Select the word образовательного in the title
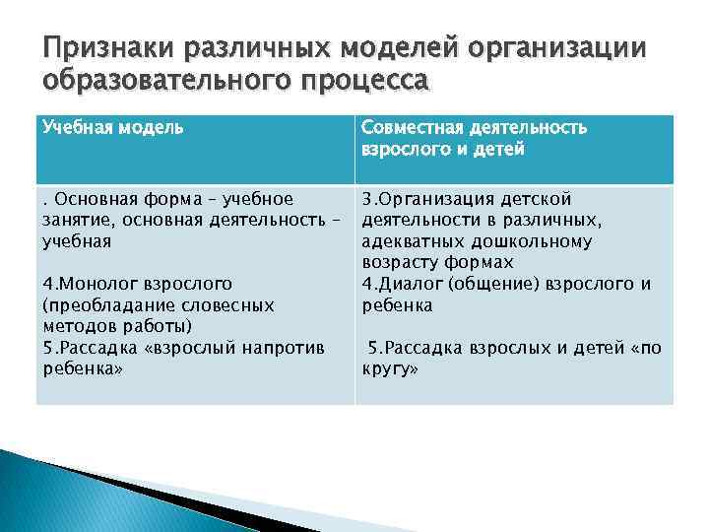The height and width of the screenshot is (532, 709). tap(152, 80)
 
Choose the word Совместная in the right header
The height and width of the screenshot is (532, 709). tap(410, 128)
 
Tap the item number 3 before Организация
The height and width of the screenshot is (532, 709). tap(366, 199)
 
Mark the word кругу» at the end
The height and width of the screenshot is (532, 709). tap(391, 369)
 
